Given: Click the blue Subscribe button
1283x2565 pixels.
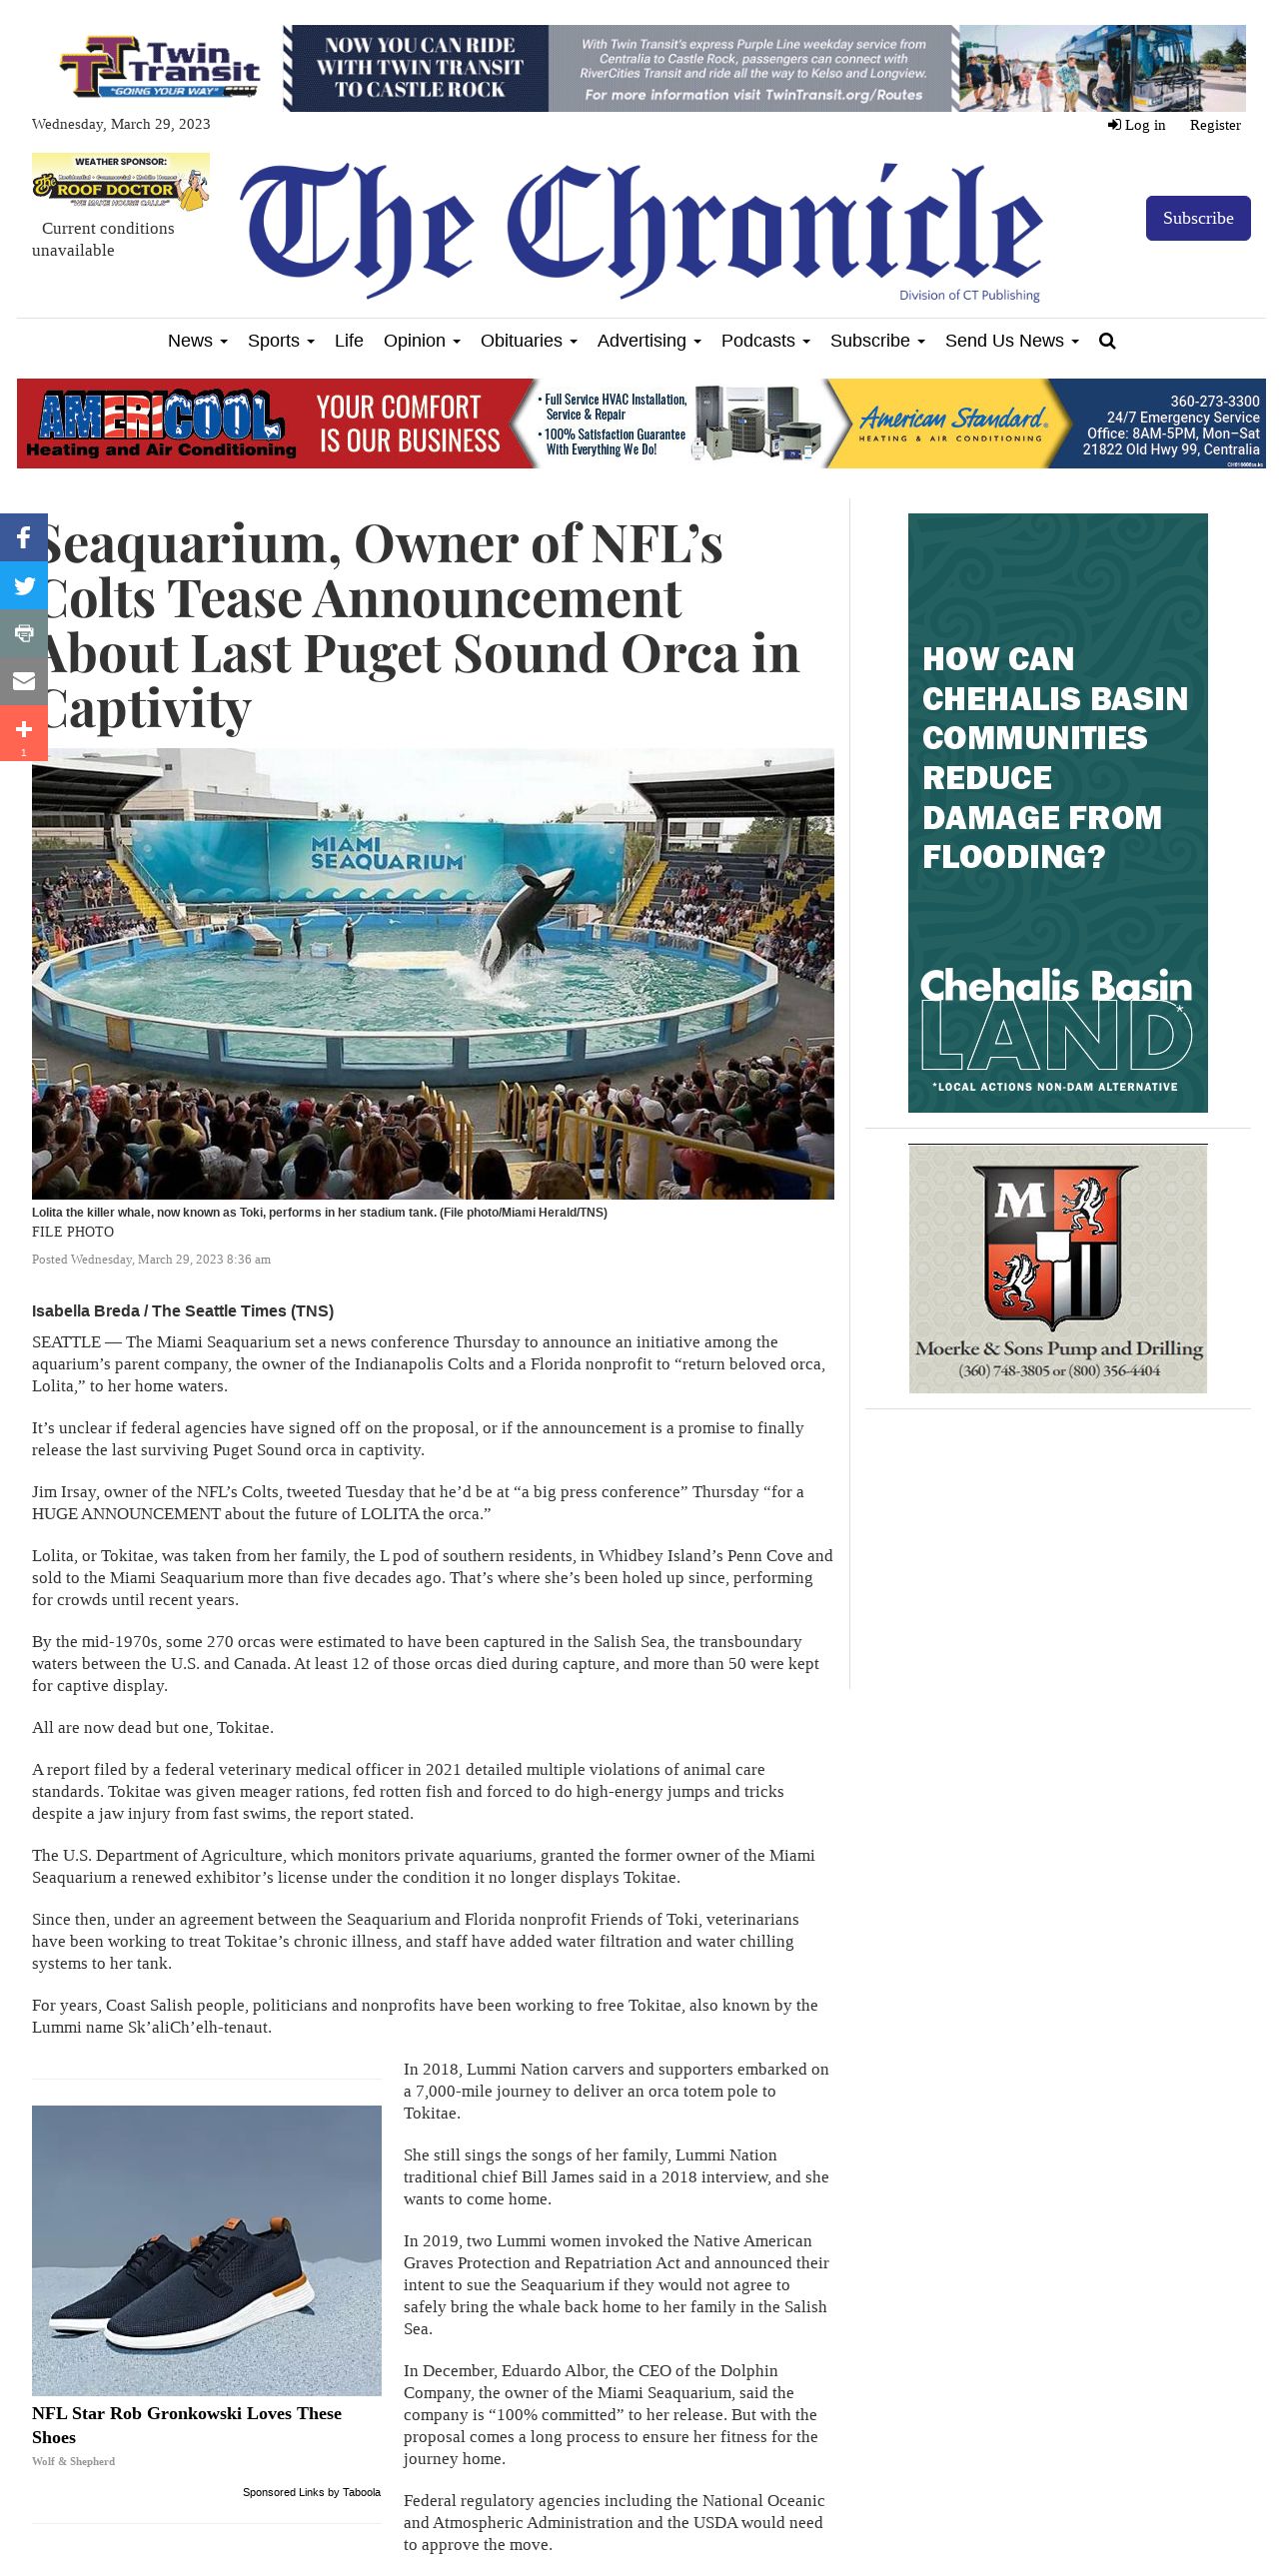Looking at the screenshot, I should (1197, 218).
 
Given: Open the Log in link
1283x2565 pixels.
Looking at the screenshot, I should (1137, 125).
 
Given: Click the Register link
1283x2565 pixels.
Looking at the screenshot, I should (1214, 125).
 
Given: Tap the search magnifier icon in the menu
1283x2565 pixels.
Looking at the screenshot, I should (1106, 341).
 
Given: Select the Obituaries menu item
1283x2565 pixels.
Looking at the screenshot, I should (528, 341).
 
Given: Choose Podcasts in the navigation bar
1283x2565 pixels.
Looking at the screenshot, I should (764, 341).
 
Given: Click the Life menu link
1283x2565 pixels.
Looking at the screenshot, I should (349, 341).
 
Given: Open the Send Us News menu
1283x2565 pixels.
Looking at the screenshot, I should (1010, 341).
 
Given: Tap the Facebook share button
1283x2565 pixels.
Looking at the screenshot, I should (24, 537).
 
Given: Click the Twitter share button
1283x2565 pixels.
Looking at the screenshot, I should (24, 585).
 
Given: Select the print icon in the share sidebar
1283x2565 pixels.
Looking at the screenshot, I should (24, 633).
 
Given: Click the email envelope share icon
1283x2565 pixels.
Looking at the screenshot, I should (24, 681).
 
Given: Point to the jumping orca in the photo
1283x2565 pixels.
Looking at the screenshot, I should (516, 925).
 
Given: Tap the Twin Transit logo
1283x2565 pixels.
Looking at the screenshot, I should (160, 67).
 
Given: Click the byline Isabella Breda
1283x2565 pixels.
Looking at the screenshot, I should (86, 1310).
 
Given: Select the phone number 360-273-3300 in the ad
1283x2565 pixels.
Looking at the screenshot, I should (1214, 402).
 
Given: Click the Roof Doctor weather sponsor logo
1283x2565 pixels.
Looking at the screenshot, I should (121, 181).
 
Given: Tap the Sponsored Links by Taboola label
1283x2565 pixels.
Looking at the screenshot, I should (311, 2492).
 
